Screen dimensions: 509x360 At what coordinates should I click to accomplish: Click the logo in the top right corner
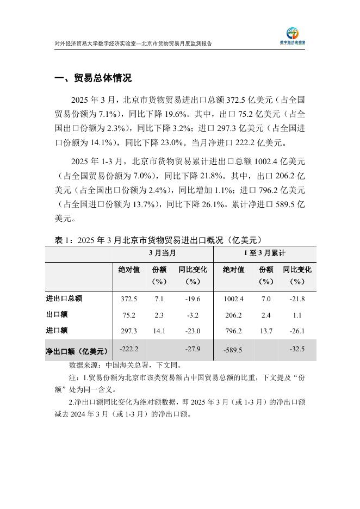(296, 35)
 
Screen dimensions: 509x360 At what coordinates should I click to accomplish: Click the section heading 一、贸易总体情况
(93, 78)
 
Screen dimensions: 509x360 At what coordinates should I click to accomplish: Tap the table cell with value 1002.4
(233, 299)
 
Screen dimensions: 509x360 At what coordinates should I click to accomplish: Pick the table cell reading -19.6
(193, 299)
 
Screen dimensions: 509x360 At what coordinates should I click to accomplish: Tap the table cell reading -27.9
(193, 349)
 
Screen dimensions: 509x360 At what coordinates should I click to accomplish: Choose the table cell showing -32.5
(297, 349)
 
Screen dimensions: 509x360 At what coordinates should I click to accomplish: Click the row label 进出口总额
(64, 299)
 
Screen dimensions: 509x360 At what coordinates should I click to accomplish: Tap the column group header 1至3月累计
(264, 254)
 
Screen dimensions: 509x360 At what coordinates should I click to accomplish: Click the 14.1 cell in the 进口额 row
(159, 331)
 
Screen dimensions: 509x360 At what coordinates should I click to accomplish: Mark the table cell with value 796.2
(233, 331)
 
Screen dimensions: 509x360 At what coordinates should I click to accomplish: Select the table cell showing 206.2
(233, 315)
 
